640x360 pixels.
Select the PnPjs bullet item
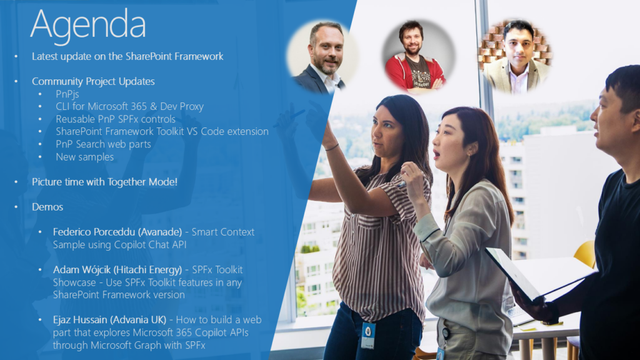tap(67, 94)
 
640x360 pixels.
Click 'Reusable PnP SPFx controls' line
tap(116, 119)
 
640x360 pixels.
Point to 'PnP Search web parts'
tap(103, 144)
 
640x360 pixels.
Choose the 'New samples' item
tap(84, 157)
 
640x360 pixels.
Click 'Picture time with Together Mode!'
tap(104, 182)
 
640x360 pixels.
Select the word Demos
tap(47, 207)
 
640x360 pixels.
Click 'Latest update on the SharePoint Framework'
tap(127, 56)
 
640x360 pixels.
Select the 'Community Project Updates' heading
tap(93, 82)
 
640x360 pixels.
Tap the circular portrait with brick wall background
tap(515, 56)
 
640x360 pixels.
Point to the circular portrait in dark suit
tap(322, 57)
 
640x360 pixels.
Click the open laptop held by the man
tap(538, 274)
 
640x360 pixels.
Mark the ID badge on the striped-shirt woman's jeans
tap(368, 335)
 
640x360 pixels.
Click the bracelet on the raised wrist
tap(332, 147)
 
